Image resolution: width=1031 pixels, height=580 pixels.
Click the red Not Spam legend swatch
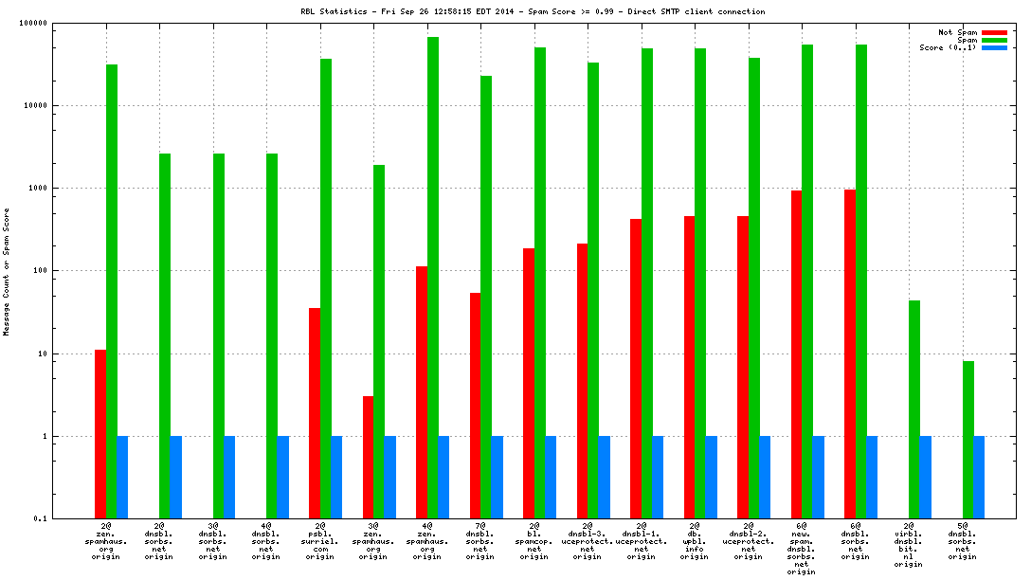994,32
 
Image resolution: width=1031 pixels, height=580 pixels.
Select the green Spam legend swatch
994,40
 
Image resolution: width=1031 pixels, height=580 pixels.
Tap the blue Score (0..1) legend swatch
994,47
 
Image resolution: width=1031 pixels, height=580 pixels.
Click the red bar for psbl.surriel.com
315,413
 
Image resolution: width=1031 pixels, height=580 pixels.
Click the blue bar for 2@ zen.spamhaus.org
122,477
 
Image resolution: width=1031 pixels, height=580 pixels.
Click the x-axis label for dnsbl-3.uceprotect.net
587,541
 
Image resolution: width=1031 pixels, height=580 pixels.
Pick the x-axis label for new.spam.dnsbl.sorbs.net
802,549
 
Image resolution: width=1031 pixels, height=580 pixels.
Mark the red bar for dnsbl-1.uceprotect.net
636,369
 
